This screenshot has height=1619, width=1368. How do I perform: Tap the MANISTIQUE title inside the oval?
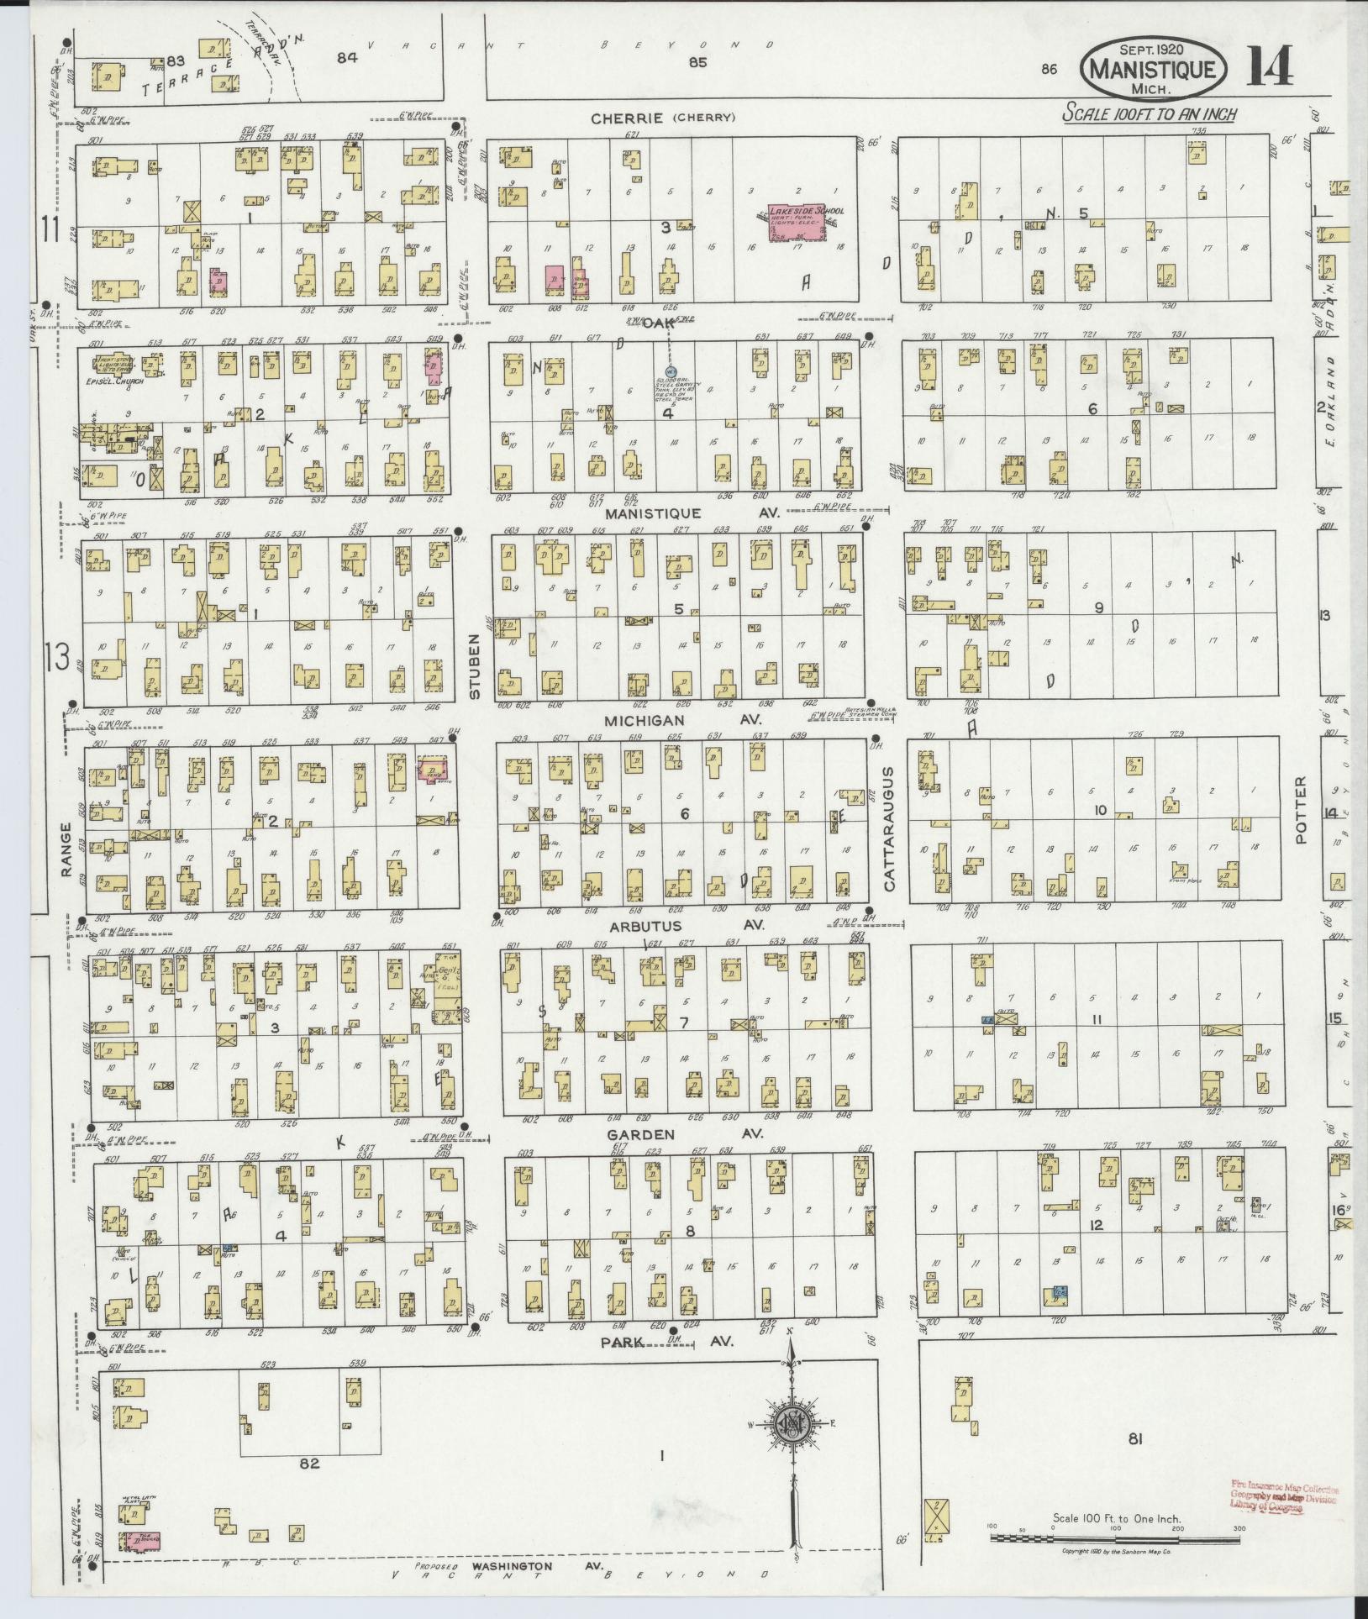pos(1153,69)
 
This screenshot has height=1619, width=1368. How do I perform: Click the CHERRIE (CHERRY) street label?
pos(662,118)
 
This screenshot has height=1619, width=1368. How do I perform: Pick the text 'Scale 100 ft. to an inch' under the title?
pos(1149,113)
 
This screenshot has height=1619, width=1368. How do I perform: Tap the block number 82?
pos(309,1463)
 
